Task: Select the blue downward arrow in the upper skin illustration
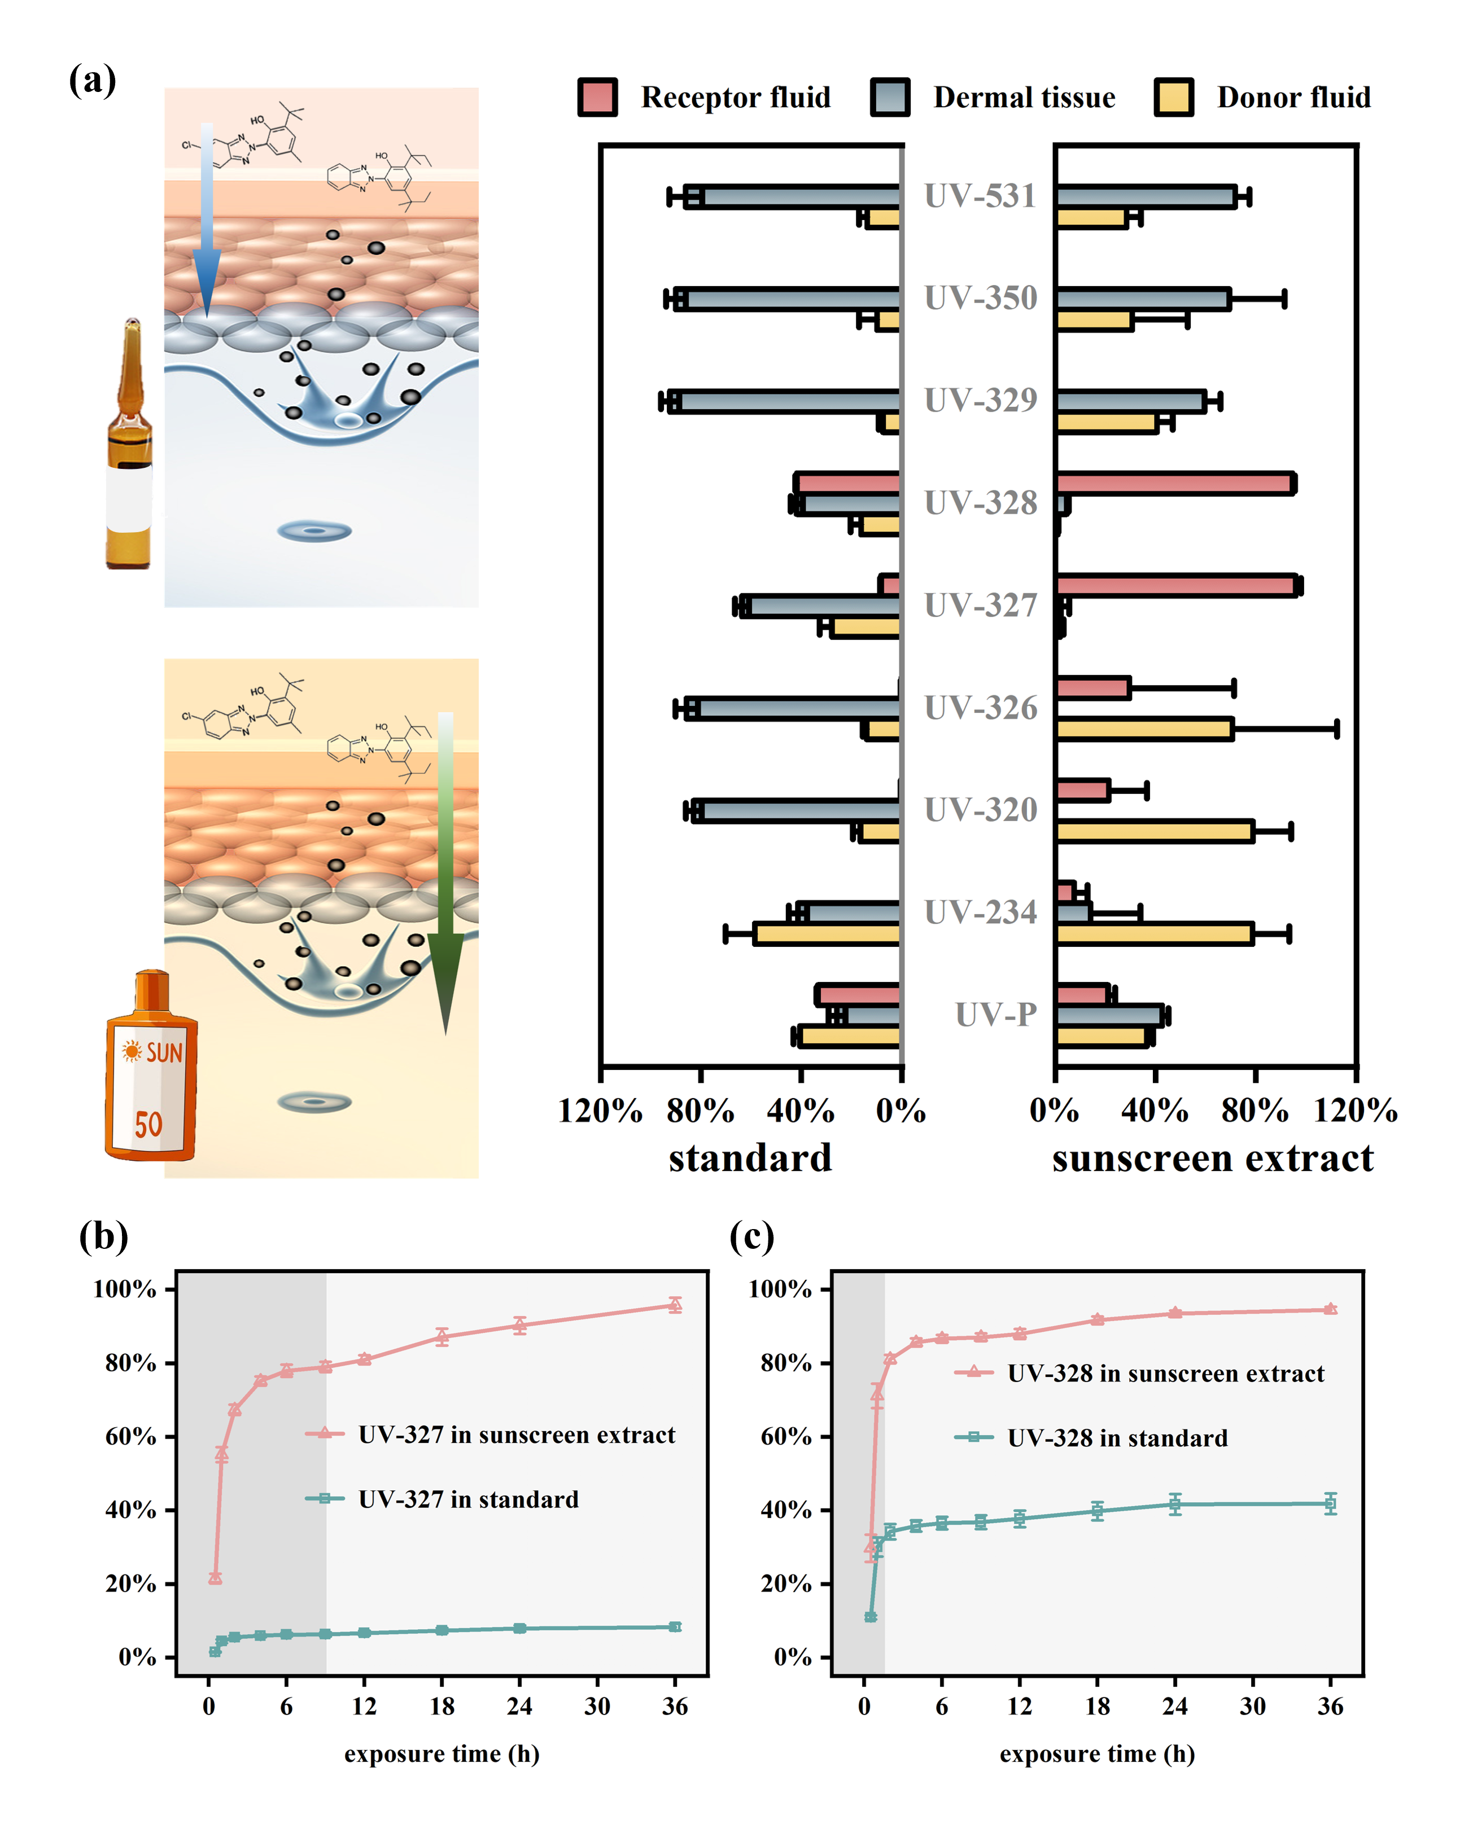(207, 221)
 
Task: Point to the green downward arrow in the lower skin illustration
(445, 876)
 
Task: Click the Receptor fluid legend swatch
(597, 97)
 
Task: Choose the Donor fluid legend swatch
(1173, 97)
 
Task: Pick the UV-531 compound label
(980, 196)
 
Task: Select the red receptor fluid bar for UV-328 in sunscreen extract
(1174, 483)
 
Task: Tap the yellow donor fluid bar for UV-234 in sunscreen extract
(1153, 933)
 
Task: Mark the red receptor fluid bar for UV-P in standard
(858, 994)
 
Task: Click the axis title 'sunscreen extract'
(1212, 1159)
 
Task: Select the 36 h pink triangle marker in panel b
(675, 1305)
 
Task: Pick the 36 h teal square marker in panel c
(1330, 1503)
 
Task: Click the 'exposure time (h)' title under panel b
(442, 1754)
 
